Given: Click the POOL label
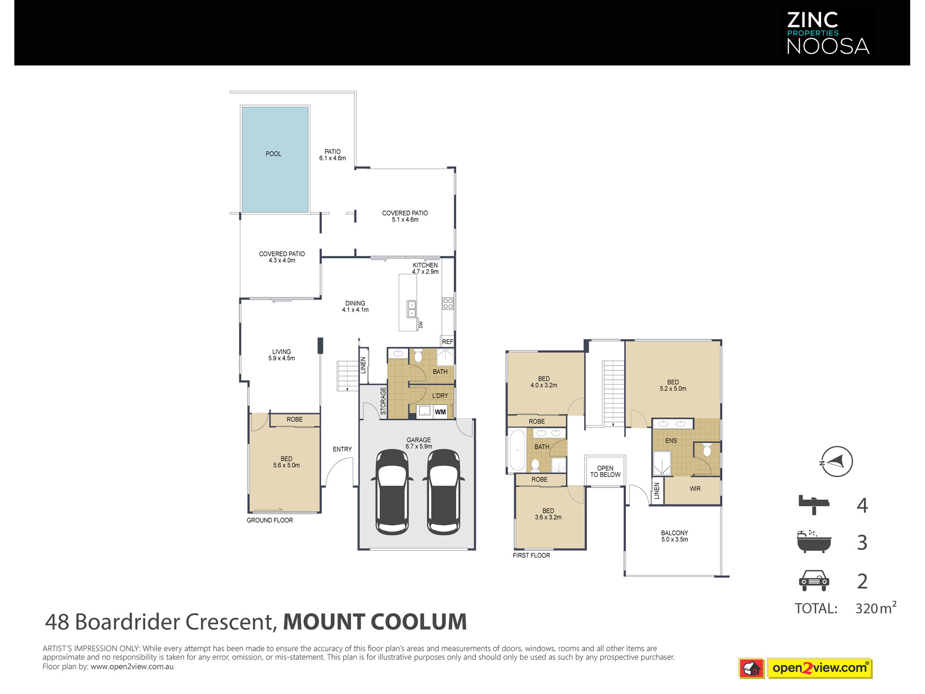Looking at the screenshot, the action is click(273, 154).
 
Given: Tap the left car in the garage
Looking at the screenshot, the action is click(392, 492).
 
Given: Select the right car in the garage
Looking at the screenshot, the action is click(444, 492).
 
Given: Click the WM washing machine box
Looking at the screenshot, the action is click(440, 412).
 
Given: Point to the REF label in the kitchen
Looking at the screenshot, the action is click(448, 342).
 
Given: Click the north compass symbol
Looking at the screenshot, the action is click(837, 461).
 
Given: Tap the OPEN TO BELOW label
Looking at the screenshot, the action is click(605, 471).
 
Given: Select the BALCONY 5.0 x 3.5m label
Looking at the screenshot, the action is click(675, 536).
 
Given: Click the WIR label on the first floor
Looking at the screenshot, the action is click(695, 489).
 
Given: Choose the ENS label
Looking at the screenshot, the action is click(671, 441).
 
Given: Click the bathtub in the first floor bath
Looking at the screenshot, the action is click(518, 450).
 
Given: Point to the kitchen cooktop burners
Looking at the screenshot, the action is click(448, 304).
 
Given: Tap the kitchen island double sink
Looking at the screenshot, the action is click(412, 309).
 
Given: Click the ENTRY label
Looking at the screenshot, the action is click(342, 449).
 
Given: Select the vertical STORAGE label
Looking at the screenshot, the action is click(383, 401).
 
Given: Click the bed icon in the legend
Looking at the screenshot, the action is click(814, 505).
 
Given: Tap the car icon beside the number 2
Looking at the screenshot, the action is click(814, 581).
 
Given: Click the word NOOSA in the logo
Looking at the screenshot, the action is click(828, 46).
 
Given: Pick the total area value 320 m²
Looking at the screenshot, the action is click(876, 607).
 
